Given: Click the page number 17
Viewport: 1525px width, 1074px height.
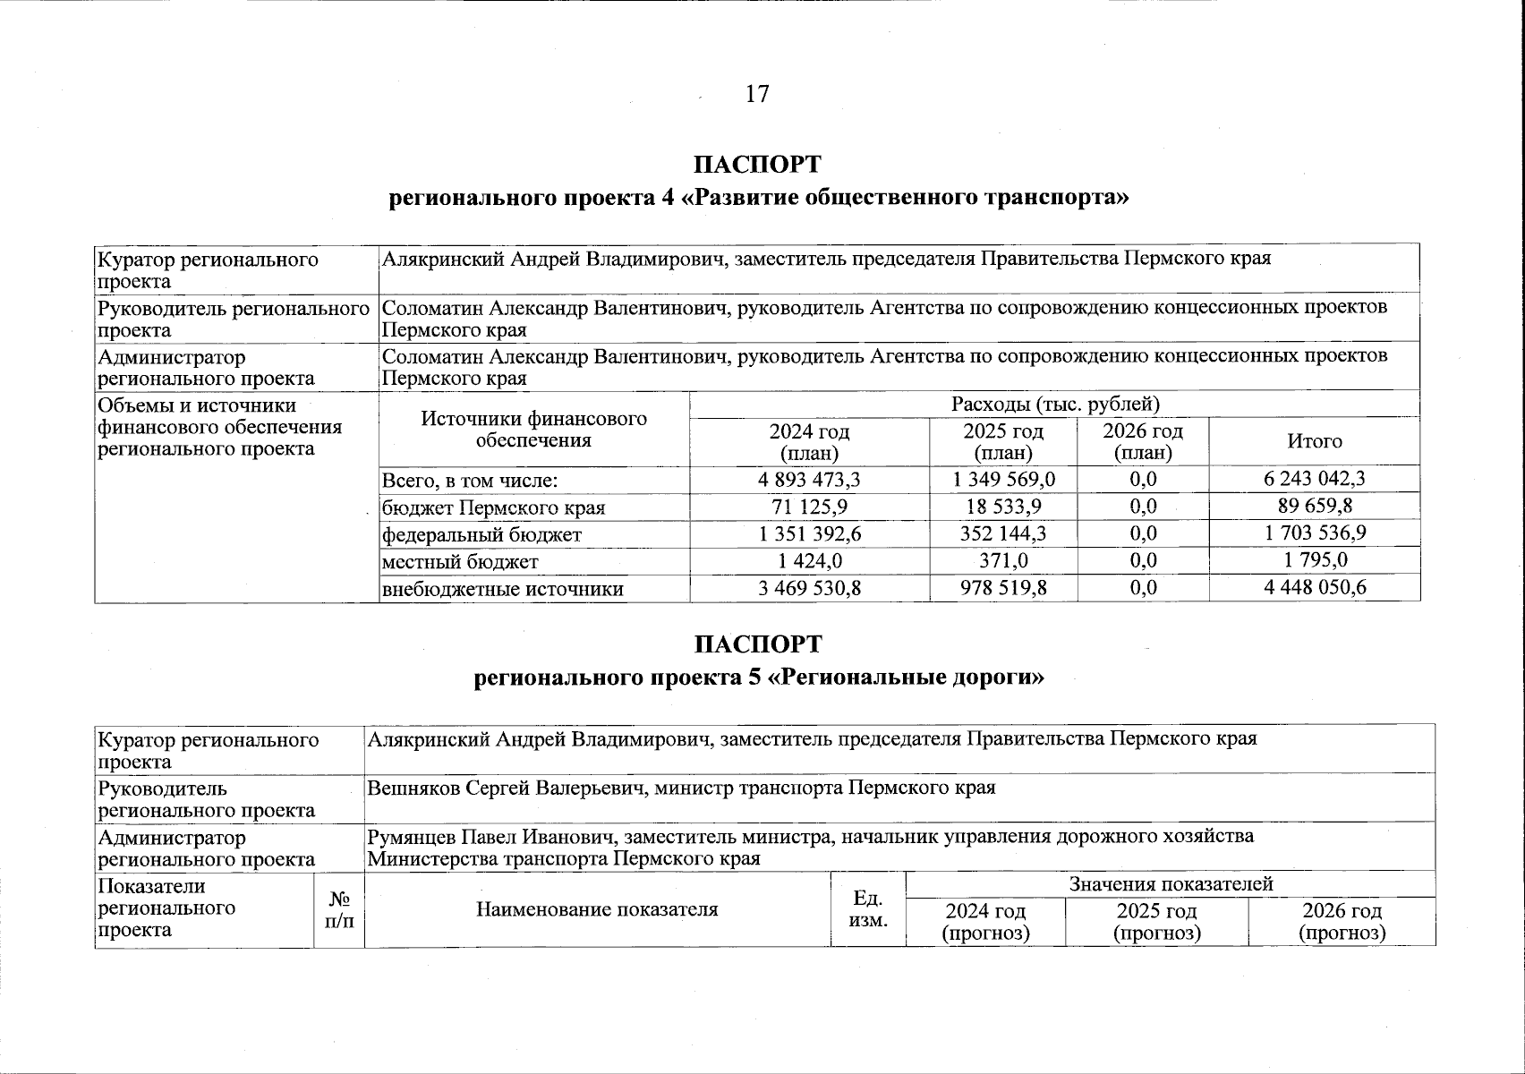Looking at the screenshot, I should click(756, 94).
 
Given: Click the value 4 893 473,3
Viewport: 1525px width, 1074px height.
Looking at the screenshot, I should click(809, 480).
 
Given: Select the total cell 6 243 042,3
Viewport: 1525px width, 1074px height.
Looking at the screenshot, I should click(1314, 479).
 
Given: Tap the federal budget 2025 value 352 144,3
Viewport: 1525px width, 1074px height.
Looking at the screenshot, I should click(1004, 534).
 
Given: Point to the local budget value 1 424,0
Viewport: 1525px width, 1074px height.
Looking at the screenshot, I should click(809, 561).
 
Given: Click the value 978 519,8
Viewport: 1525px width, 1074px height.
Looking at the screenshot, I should click(1004, 588).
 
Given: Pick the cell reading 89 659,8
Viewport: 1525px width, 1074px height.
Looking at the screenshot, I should click(1314, 507).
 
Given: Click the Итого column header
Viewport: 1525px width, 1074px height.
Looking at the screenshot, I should click(1314, 441).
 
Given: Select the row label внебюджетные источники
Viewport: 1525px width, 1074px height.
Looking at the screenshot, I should click(502, 589).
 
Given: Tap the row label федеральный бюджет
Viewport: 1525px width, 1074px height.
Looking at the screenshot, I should click(481, 535).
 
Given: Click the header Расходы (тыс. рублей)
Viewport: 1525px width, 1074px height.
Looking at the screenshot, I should click(1055, 405).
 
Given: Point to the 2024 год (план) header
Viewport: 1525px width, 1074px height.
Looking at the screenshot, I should click(809, 442).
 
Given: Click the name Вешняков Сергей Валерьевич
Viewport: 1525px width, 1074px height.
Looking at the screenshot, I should click(507, 788).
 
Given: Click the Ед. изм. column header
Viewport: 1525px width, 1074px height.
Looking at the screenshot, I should click(867, 909).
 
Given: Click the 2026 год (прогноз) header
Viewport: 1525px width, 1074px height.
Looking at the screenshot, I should click(1341, 922).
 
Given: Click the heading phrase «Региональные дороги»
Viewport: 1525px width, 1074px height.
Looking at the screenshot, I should click(907, 678).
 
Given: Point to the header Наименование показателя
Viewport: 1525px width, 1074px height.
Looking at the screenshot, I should click(597, 910).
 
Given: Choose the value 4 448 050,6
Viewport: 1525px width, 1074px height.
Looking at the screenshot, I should click(1314, 588).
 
